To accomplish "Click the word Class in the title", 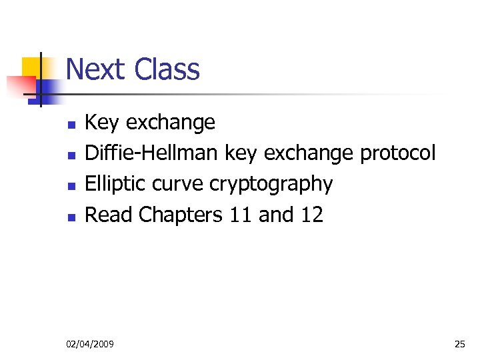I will click(x=167, y=69).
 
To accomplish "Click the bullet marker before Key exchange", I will click(x=71, y=124).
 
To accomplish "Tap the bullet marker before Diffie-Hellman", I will click(x=71, y=155).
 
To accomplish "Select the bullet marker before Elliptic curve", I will click(x=71, y=185).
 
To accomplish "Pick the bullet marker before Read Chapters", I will click(x=71, y=216).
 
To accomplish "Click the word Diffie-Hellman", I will click(x=151, y=153).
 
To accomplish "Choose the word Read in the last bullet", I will click(x=109, y=215).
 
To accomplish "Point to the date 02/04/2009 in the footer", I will click(x=90, y=344).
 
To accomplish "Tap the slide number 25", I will click(x=459, y=344).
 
